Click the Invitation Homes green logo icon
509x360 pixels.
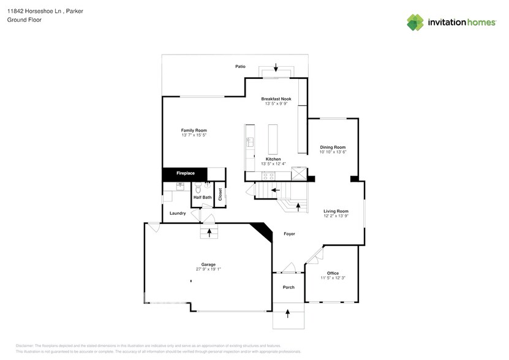click(x=415, y=22)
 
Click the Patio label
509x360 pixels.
click(x=241, y=66)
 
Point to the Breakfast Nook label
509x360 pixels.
click(x=276, y=99)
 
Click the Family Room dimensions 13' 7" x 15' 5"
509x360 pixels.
click(x=194, y=135)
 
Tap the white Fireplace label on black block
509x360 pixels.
click(x=186, y=173)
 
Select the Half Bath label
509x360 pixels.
click(x=202, y=197)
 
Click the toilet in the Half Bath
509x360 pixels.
click(x=207, y=187)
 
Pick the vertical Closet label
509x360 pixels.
click(x=220, y=195)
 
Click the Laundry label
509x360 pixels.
click(x=178, y=213)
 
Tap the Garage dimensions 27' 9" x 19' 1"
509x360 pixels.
click(x=208, y=269)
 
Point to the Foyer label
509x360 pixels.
click(x=290, y=234)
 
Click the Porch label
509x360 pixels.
click(x=288, y=287)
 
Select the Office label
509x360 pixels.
click(x=333, y=273)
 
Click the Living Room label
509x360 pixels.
click(x=336, y=211)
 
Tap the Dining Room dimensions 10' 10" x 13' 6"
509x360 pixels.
click(x=333, y=152)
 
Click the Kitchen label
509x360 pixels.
click(x=273, y=159)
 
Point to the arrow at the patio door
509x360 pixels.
click(x=276, y=67)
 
